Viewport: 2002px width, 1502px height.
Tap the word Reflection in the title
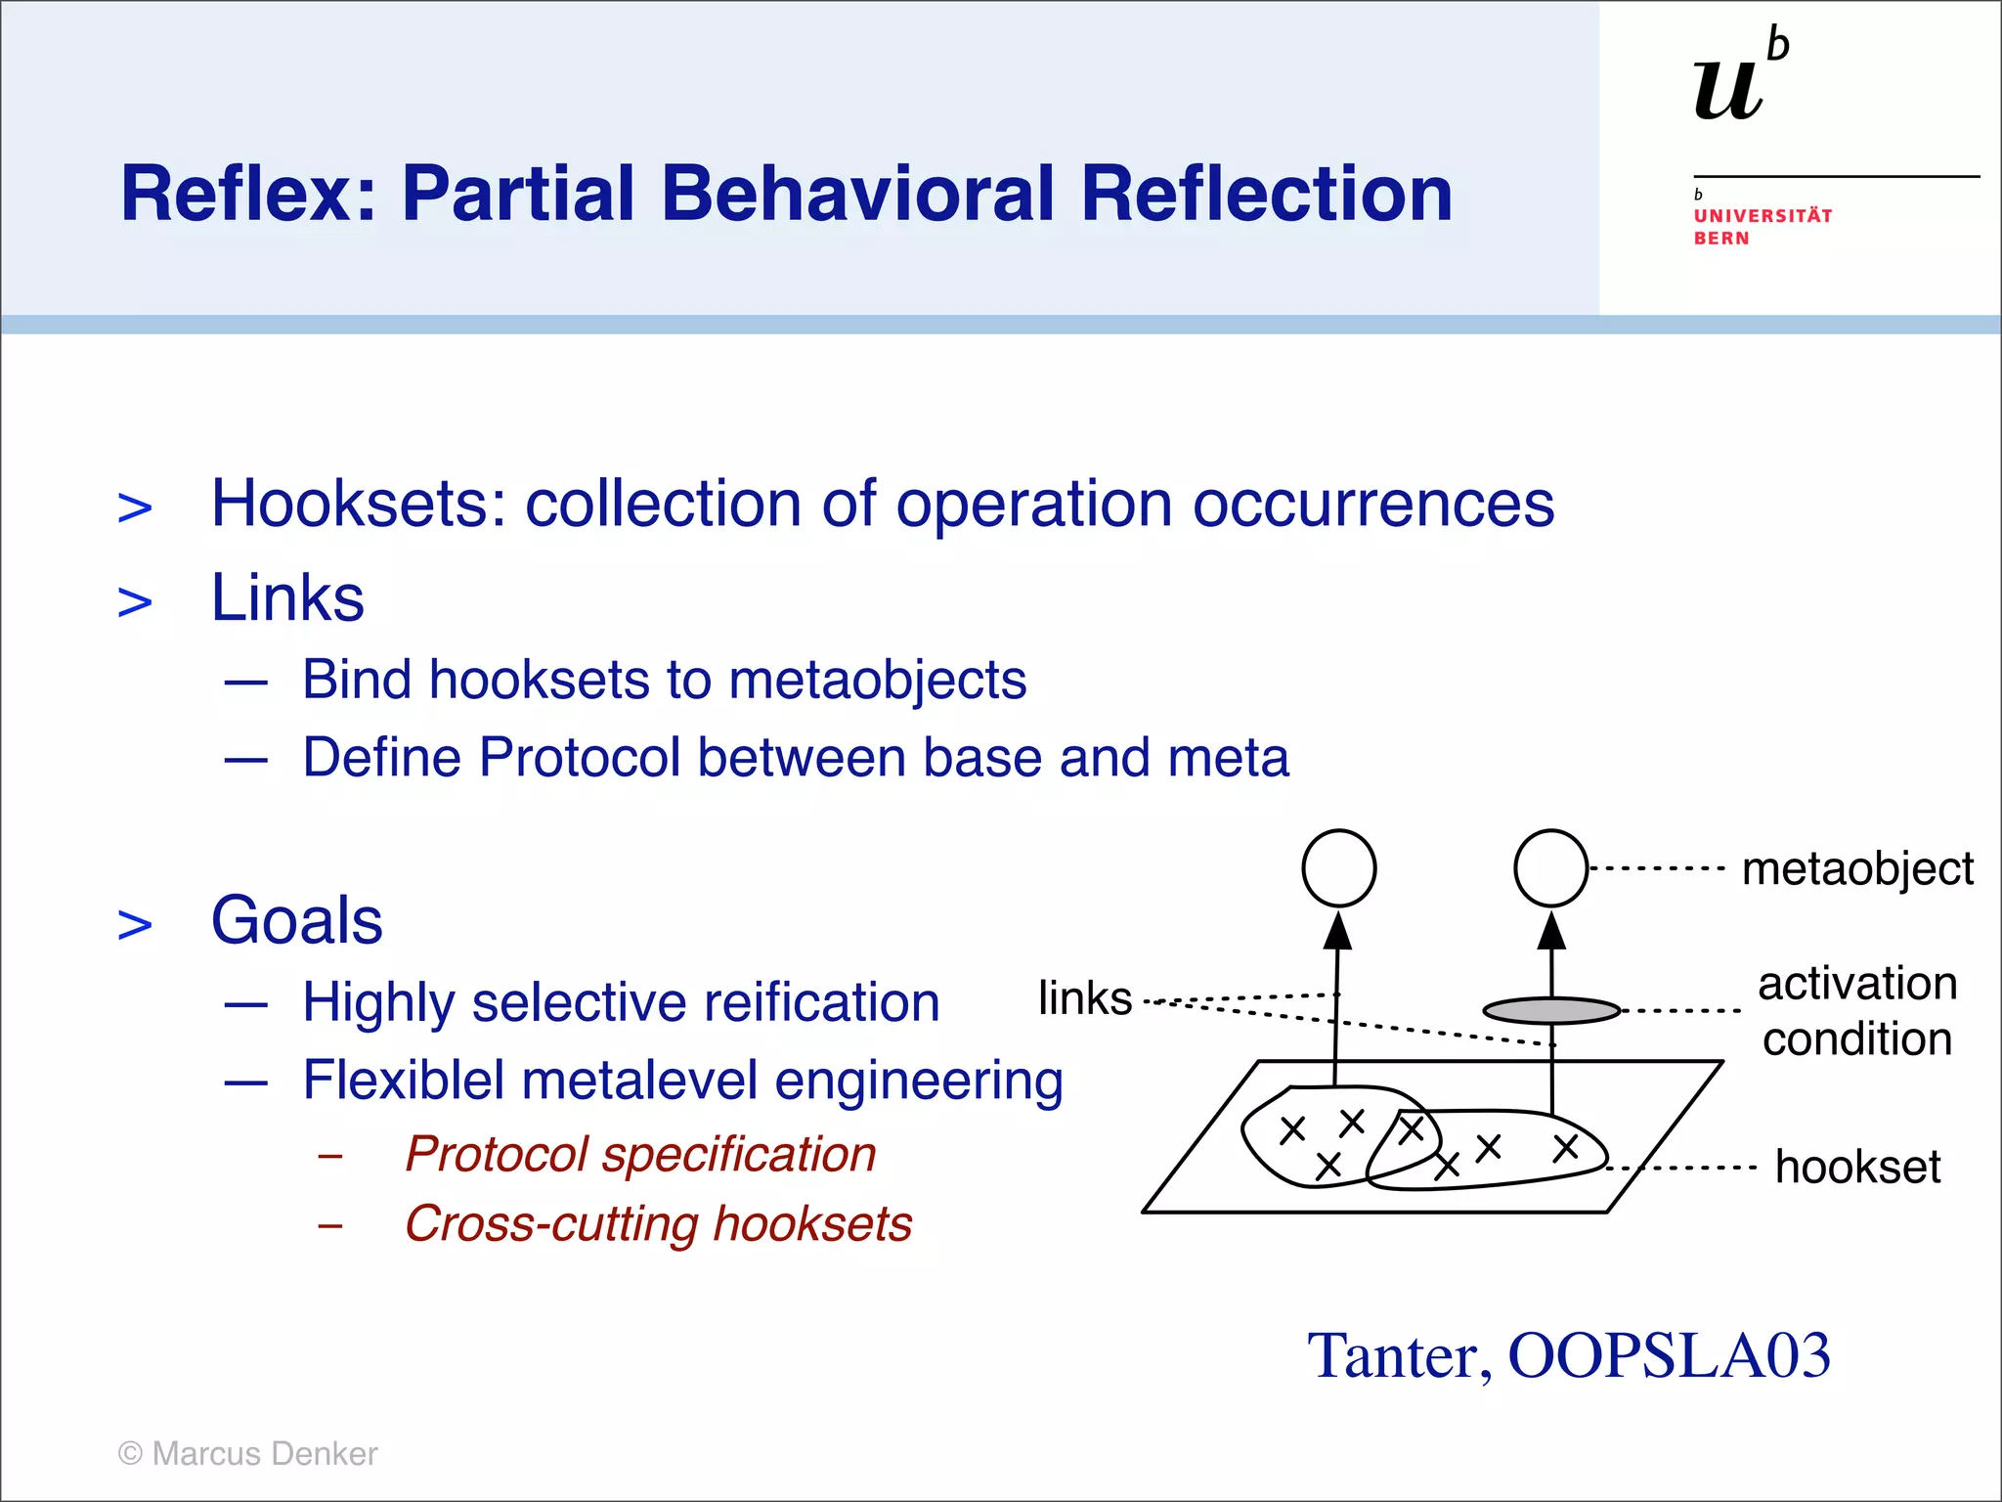[1266, 194]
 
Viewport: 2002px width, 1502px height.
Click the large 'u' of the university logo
[1728, 90]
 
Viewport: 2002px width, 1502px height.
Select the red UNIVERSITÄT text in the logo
[1763, 216]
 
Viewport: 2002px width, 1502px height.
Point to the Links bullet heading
[287, 597]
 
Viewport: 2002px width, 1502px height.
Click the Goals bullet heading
[297, 921]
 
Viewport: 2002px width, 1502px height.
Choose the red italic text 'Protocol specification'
[640, 1154]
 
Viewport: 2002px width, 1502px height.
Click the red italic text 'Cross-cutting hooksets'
[658, 1224]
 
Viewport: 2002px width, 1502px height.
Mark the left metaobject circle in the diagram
[1338, 868]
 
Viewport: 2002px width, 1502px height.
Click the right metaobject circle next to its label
[1550, 868]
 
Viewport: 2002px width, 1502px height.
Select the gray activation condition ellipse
[1551, 1010]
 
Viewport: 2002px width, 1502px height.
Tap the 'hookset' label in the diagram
[1856, 1168]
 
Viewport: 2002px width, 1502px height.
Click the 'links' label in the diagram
[1084, 998]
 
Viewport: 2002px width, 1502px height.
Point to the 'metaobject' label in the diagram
[1856, 868]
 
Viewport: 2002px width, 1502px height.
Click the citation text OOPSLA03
[1668, 1356]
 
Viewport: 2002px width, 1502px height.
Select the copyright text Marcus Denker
[264, 1454]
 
